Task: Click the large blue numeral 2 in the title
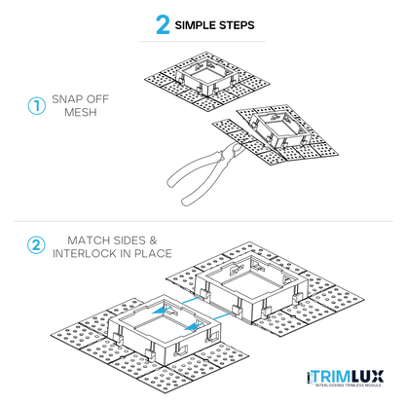click(163, 24)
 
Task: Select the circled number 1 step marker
click(36, 106)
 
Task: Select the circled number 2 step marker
click(36, 245)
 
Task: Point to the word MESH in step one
click(81, 112)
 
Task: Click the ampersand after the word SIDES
click(153, 240)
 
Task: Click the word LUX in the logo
click(367, 377)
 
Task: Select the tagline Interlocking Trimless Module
click(349, 386)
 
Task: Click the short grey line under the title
click(202, 42)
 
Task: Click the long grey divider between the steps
click(203, 222)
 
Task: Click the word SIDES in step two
click(129, 240)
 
